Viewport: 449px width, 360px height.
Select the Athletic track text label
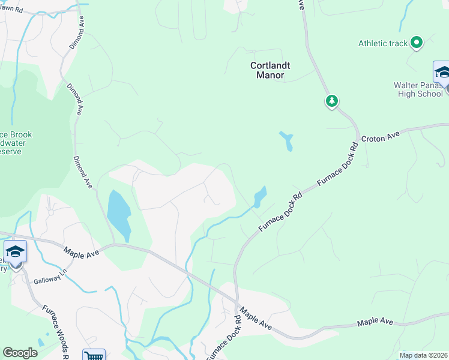coord(383,43)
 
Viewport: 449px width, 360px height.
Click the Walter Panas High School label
coord(418,89)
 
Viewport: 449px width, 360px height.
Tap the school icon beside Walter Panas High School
coord(442,72)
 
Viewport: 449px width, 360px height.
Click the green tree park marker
coord(331,101)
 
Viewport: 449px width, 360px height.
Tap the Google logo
coord(20,353)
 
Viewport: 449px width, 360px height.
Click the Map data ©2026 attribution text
coord(423,355)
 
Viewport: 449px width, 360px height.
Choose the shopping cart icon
coord(94,355)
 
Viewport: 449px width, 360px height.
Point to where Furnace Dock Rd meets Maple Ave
coord(236,302)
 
